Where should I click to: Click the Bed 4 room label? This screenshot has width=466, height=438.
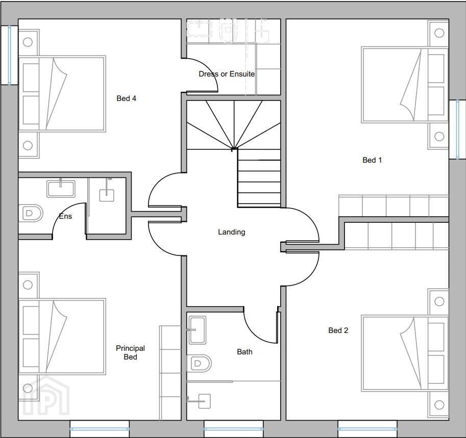click(126, 98)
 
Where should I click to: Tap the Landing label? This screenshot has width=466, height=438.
click(232, 232)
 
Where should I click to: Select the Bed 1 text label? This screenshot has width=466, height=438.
click(372, 160)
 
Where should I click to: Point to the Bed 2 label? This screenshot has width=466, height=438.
click(338, 330)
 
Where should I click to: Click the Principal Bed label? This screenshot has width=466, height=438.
click(130, 352)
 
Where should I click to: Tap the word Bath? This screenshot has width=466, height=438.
click(244, 352)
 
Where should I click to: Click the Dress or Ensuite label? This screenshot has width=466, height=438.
click(227, 74)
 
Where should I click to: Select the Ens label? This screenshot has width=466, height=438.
click(65, 216)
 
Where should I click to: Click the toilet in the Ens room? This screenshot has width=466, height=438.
click(31, 213)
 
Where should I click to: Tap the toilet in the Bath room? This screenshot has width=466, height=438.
click(199, 363)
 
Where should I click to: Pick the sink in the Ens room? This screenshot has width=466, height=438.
click(61, 189)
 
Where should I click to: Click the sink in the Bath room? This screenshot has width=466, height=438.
click(197, 330)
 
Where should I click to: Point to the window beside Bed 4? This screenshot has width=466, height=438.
click(9, 55)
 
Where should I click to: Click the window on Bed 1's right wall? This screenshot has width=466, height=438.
click(457, 130)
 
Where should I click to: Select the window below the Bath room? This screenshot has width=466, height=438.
click(234, 429)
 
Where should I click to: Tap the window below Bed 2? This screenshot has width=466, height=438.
click(367, 429)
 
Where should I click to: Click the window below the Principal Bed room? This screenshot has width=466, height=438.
click(100, 429)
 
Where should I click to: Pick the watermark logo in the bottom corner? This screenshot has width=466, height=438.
click(46, 396)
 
